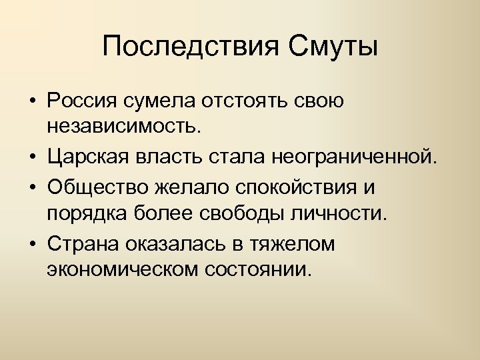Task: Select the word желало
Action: (175, 187)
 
